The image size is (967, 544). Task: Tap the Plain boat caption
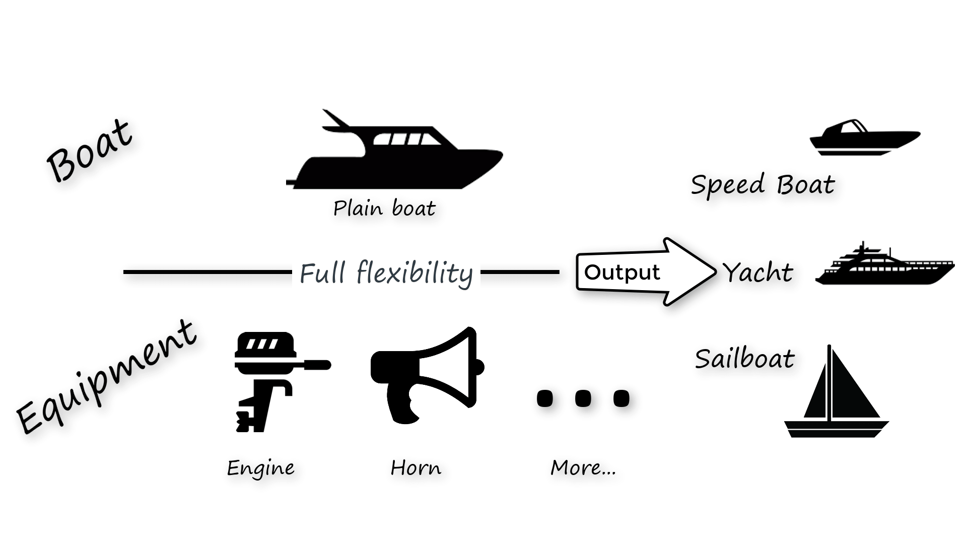coord(384,208)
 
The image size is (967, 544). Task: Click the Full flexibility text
coord(386,273)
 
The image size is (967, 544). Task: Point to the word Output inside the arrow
coord(622,273)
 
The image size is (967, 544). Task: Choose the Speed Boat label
coord(763,184)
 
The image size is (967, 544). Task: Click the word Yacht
coord(758,273)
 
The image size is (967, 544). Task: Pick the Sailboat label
coord(744,359)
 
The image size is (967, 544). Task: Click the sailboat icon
coord(837,393)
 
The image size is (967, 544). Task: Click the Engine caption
coord(260,468)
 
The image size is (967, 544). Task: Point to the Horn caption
coord(416,468)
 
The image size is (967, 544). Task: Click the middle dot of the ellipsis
coord(583,398)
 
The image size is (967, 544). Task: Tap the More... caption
coord(583,468)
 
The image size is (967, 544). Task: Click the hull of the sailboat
coord(837,429)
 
